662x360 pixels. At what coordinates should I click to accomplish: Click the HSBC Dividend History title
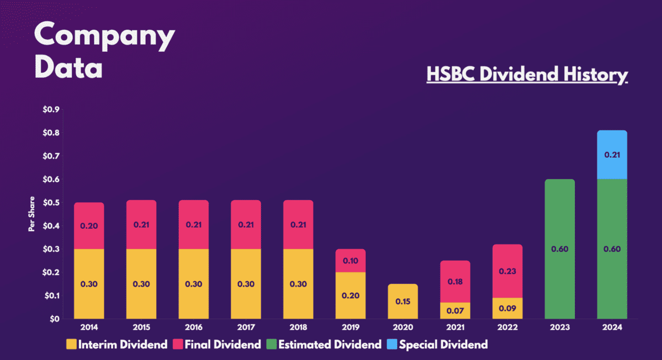coord(527,74)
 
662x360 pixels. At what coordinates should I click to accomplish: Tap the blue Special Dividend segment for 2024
coord(612,155)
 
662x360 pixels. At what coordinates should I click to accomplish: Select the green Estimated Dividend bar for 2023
coord(560,249)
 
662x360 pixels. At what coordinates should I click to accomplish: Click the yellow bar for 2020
coord(403,302)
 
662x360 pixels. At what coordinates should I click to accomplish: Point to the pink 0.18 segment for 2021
coord(455,282)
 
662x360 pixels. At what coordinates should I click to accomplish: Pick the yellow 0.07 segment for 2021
coord(455,311)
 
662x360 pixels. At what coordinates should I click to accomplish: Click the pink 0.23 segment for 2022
coord(508,271)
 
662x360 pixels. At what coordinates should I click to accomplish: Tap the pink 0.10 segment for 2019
coord(350,261)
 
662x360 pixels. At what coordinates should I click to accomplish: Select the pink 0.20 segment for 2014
coord(89,226)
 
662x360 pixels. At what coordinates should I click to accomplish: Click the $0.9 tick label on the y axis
coord(51,110)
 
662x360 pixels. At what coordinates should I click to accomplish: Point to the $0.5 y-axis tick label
coord(51,202)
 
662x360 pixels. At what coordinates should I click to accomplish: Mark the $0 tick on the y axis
coord(55,319)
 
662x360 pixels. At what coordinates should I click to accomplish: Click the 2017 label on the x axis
coord(246,327)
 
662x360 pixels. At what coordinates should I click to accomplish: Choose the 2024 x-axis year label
coord(612,327)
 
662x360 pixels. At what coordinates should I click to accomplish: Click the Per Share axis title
coord(31,214)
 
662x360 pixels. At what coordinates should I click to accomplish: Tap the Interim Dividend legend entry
coord(117,345)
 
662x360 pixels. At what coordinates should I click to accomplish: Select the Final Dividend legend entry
coord(217,345)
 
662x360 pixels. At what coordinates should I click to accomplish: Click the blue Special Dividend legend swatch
coord(392,345)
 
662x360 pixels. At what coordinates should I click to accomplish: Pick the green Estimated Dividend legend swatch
coord(271,345)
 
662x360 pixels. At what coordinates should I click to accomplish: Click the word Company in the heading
coord(105,36)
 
